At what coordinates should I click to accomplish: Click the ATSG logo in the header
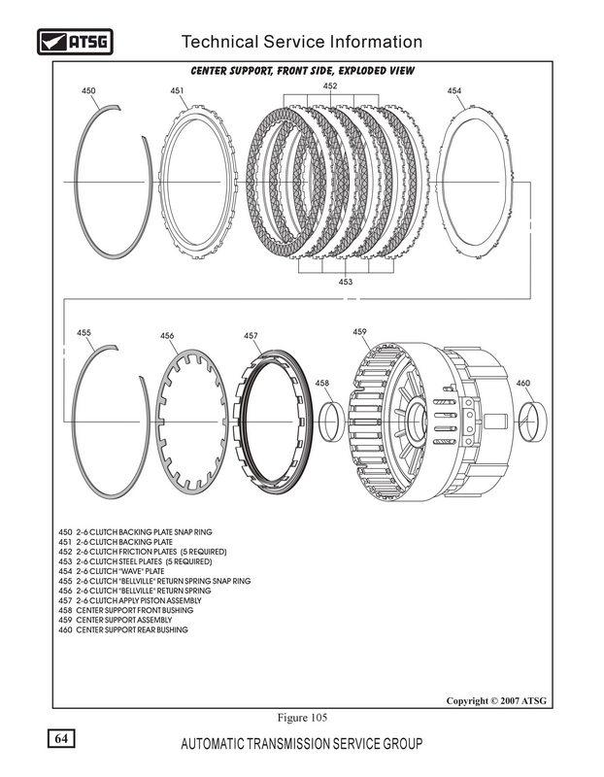click(73, 43)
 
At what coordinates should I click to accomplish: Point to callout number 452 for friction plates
click(330, 86)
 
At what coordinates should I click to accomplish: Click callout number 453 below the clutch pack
click(345, 282)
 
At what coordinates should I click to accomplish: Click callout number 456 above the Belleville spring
click(167, 336)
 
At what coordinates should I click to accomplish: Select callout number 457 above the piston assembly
click(251, 336)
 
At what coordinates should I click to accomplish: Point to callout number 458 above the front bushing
click(322, 384)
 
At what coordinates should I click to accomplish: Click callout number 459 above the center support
click(359, 332)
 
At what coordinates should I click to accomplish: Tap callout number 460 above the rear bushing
click(523, 384)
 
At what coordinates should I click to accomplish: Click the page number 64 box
click(60, 740)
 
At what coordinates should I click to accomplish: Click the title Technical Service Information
click(302, 42)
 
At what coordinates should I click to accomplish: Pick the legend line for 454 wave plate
click(113, 571)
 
